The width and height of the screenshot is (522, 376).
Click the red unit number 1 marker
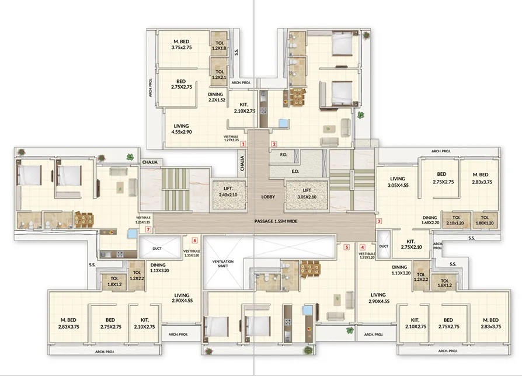coord(243,143)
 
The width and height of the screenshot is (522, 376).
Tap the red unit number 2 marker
coord(273,143)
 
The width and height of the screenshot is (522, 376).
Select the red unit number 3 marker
coord(379,221)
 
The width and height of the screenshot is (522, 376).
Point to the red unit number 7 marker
coord(148,229)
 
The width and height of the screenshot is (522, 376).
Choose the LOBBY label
coord(269,197)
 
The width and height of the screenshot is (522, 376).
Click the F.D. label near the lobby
coord(283,155)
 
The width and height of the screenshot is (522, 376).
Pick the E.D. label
coord(295,172)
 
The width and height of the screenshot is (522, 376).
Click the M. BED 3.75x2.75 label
coord(182,44)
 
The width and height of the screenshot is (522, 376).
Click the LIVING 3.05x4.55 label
coord(398,182)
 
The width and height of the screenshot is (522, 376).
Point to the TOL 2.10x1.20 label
coord(454,220)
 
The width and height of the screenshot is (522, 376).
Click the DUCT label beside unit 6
coord(156,248)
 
